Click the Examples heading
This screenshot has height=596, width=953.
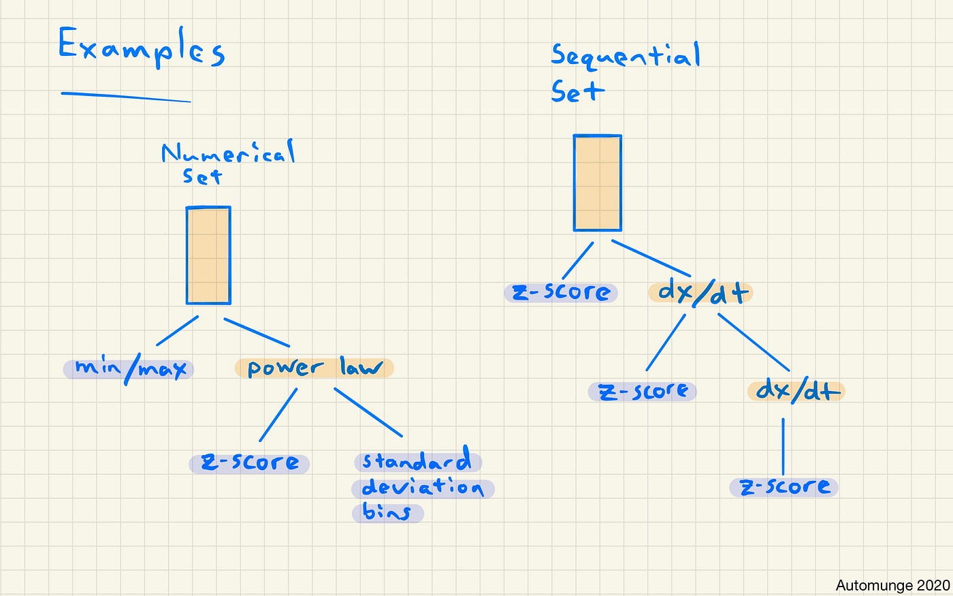point(141,48)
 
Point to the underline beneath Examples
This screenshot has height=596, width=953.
point(126,97)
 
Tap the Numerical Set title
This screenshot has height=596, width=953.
point(227,162)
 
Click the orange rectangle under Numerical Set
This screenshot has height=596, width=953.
point(208,255)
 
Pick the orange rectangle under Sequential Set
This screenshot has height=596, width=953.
point(597,183)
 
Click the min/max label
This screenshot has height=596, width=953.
point(129,369)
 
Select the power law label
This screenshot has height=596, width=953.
point(314,368)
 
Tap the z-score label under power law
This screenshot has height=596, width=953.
point(250,463)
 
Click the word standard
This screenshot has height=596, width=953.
point(417,461)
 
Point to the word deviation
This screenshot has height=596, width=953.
point(423,488)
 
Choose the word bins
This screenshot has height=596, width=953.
point(387,512)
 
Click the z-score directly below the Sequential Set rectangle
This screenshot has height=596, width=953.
point(561,292)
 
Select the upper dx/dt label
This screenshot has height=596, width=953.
point(701,293)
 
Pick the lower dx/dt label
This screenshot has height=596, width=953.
point(796,390)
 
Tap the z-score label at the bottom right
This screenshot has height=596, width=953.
point(784,487)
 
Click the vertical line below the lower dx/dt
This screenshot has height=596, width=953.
point(783,446)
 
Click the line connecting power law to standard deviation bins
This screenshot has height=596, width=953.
point(368,412)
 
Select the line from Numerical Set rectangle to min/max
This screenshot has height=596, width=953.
point(177,331)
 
